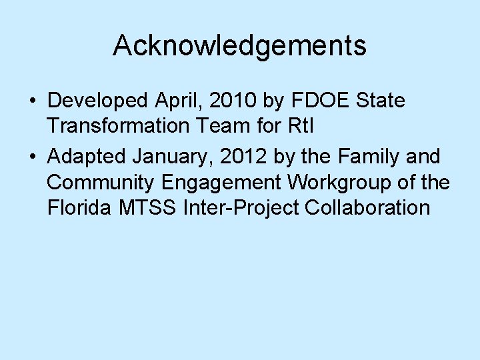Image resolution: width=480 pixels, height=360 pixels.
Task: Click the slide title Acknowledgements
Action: pyautogui.click(x=239, y=46)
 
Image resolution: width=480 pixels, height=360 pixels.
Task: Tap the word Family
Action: pyautogui.click(x=363, y=157)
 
